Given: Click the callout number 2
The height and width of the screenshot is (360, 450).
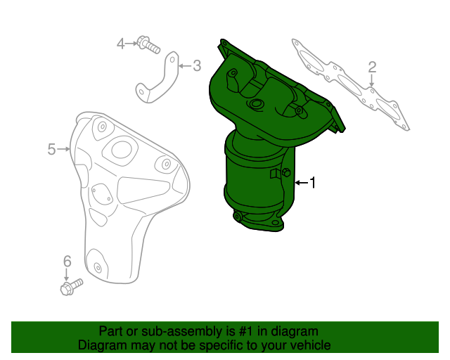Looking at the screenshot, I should point(372,67).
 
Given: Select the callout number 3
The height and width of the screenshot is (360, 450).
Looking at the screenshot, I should point(196,66).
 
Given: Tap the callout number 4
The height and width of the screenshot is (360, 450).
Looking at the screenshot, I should point(121,44).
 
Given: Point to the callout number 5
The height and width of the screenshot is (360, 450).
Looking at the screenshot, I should point(52,149).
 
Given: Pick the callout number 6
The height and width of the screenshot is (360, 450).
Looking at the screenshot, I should point(67,262).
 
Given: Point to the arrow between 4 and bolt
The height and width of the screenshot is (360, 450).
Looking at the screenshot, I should point(131,44).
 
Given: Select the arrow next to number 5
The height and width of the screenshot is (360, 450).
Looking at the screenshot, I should point(64,149).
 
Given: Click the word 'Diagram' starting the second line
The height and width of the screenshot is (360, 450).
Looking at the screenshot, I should point(102,345).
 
